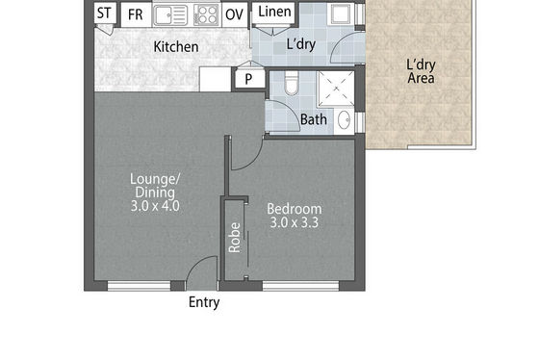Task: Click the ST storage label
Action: (104, 13)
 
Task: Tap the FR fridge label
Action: (135, 14)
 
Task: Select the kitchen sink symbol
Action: (170, 15)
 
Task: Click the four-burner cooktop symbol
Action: (206, 15)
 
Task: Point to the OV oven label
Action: (235, 14)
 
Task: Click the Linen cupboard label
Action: (274, 12)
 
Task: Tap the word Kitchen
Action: (176, 47)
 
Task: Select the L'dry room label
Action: (300, 44)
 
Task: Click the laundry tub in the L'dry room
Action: (341, 14)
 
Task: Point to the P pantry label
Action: (248, 79)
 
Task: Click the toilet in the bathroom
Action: (293, 83)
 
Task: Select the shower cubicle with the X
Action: (336, 90)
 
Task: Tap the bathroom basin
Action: (345, 120)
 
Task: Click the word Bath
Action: (314, 119)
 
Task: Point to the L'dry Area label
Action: (421, 71)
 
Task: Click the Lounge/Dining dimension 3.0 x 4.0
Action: (155, 206)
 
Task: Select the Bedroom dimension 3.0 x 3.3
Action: (295, 222)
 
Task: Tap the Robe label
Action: (235, 238)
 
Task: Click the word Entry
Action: (204, 302)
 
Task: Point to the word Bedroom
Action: (295, 209)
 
